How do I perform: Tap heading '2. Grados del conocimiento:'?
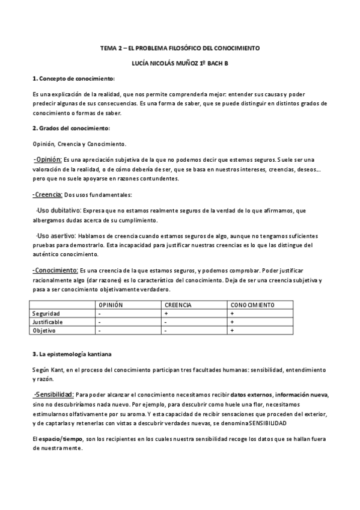tap(71, 128)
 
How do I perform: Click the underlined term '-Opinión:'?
tap(47, 159)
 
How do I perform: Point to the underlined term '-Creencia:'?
tap(47, 194)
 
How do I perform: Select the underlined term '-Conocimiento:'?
tap(55, 271)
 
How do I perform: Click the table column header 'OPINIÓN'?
tap(111, 306)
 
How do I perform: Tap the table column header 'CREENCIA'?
tap(178, 306)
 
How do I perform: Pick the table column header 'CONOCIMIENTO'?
tap(252, 306)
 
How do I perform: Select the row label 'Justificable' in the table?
tap(47, 322)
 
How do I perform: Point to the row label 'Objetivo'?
tap(44, 331)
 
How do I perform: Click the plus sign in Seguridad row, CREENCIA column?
tap(165, 314)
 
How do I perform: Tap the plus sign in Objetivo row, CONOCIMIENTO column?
tap(231, 331)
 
